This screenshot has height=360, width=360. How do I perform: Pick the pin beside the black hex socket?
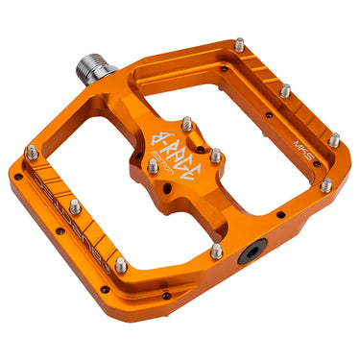point(217,252)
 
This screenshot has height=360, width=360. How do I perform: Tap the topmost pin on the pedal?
point(239,44)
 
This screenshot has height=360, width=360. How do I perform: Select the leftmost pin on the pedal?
point(33,151)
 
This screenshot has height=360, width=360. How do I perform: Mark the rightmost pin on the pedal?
point(334,140)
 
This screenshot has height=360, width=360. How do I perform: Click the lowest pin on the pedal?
point(120,265)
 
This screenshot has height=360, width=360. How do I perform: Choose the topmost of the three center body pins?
point(186,125)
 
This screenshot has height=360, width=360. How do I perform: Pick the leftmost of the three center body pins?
point(153,166)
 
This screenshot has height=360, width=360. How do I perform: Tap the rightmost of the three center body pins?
point(216,155)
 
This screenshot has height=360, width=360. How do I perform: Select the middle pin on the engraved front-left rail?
point(76,207)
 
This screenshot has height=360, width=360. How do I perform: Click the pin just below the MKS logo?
point(325,183)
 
